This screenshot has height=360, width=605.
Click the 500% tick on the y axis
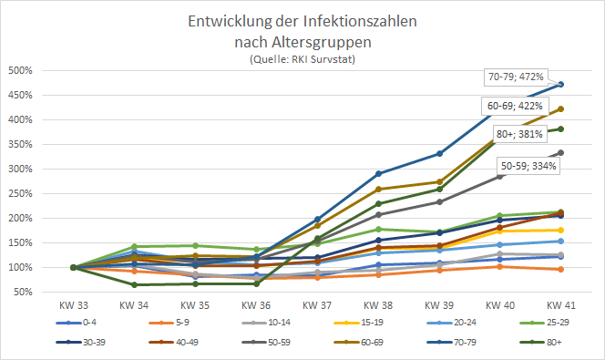point(21,71)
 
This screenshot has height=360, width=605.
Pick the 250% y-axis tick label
point(21,194)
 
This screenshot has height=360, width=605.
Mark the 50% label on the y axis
point(23,293)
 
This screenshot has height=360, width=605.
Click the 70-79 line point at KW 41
point(561,84)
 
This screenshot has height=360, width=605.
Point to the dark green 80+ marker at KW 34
point(135,284)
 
